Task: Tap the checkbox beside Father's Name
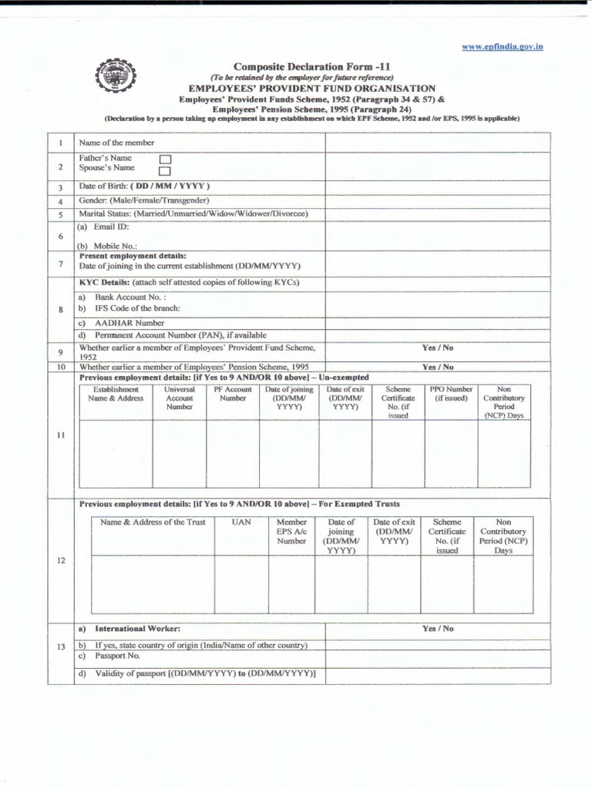[163, 159]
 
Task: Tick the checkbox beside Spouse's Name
[163, 170]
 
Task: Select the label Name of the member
[116, 143]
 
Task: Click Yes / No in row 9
[437, 347]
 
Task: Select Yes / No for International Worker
[437, 629]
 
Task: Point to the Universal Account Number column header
[180, 398]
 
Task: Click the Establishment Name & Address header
[116, 394]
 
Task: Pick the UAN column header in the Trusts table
[241, 522]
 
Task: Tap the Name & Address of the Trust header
[153, 522]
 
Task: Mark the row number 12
[60, 560]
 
